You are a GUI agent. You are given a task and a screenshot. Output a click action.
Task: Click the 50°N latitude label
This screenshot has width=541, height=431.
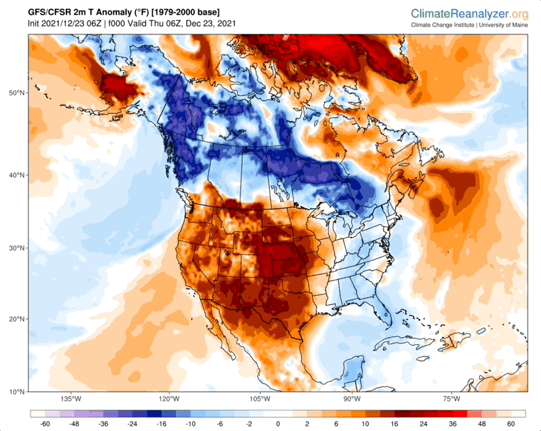pos(15,93)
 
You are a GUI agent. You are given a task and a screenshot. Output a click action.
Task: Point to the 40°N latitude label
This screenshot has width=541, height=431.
pos(15,175)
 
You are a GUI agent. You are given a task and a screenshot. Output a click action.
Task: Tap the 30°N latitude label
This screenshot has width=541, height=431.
pos(15,248)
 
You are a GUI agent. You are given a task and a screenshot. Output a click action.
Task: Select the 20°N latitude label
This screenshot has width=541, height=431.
pos(15,318)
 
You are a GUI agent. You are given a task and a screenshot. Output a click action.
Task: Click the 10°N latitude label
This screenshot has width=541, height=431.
pos(15,391)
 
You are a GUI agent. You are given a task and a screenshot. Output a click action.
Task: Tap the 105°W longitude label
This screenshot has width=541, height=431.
pos(259,399)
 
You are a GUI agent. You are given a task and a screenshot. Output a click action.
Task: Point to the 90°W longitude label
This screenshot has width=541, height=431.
pos(352,399)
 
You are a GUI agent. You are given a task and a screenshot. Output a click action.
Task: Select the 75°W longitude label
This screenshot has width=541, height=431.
pos(451,399)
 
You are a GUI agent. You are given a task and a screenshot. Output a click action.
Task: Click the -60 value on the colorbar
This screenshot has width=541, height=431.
pos(45,423)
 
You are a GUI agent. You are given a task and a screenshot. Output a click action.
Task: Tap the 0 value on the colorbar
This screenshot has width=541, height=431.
pos(278,423)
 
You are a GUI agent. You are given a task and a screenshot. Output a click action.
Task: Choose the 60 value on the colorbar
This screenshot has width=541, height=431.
pos(511,423)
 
